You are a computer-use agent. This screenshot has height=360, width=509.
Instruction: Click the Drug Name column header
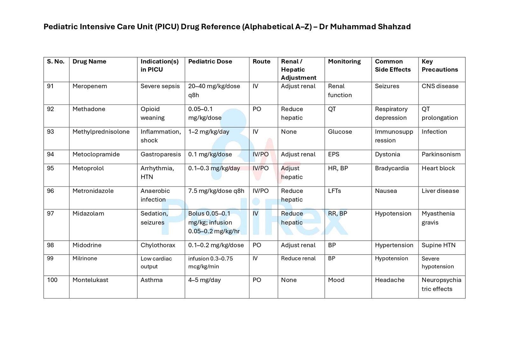(x=89, y=61)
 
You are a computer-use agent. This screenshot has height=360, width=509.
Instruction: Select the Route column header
(x=261, y=61)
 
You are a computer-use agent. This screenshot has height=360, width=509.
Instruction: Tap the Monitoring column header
(x=344, y=61)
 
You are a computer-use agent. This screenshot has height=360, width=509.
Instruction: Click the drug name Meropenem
(x=90, y=86)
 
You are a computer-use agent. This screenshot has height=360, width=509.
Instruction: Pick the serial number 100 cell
(x=52, y=280)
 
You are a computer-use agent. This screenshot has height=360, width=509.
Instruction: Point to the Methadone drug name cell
(x=89, y=109)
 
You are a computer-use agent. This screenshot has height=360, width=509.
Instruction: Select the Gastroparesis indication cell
(x=161, y=154)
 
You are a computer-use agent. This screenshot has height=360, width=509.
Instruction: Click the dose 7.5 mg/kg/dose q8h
(x=216, y=191)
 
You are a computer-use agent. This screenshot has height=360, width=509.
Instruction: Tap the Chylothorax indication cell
(x=158, y=245)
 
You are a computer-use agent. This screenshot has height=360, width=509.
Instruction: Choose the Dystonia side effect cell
(x=387, y=154)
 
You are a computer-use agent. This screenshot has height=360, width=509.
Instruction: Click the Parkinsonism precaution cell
(x=441, y=154)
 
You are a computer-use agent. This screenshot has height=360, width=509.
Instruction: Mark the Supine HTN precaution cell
(x=438, y=245)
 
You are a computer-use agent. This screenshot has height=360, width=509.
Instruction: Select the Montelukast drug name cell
(x=90, y=280)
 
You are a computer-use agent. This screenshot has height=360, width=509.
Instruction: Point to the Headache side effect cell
(x=390, y=280)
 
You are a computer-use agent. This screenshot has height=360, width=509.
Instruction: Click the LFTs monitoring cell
(x=334, y=191)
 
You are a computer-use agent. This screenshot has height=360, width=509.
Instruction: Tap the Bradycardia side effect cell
(x=392, y=168)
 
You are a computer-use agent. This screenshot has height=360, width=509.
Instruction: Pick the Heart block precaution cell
(x=438, y=168)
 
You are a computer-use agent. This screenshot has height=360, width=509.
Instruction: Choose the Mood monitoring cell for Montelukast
(x=336, y=280)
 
